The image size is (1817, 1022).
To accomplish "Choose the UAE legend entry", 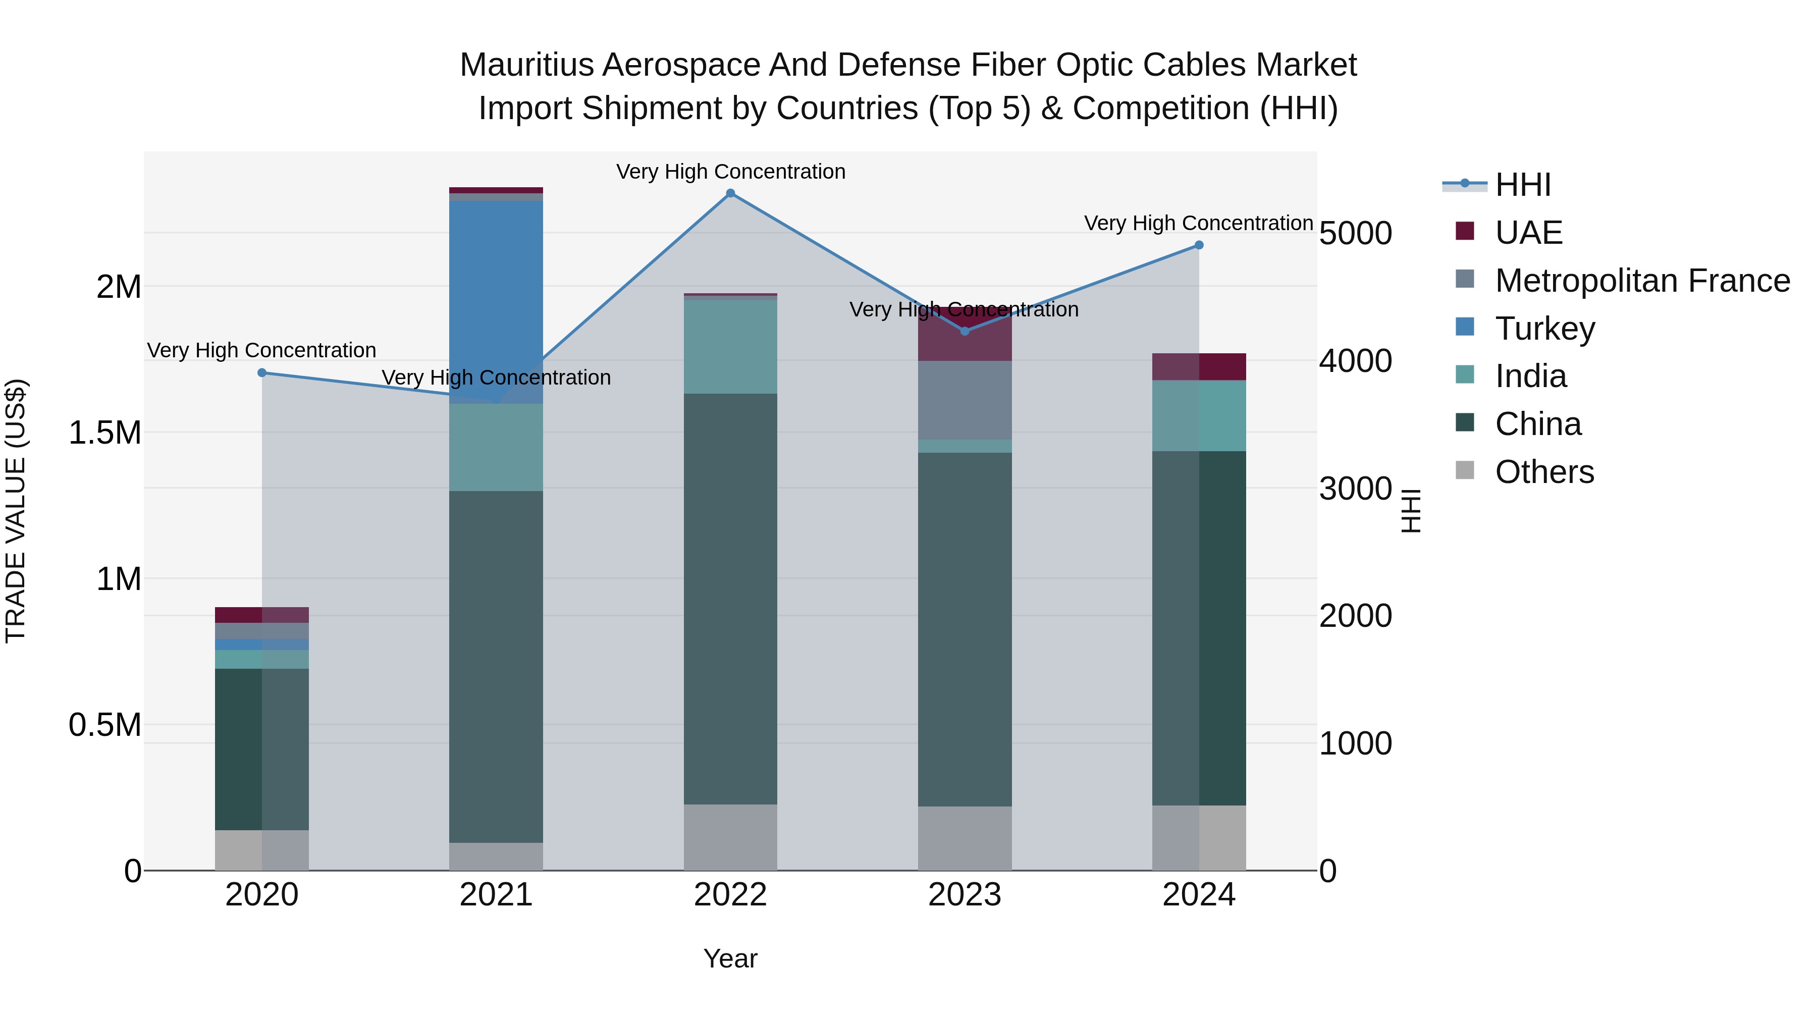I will pyautogui.click(x=1528, y=233).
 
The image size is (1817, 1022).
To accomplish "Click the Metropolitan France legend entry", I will pyautogui.click(x=1642, y=281).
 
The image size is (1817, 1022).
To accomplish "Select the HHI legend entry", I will pyautogui.click(x=1522, y=185).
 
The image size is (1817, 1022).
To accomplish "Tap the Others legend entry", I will pyautogui.click(x=1543, y=472).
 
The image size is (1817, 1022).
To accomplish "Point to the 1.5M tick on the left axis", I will pyautogui.click(x=104, y=433).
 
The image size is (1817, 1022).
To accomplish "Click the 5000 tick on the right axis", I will pyautogui.click(x=1355, y=234).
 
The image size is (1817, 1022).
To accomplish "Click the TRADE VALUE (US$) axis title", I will pyautogui.click(x=16, y=511).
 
